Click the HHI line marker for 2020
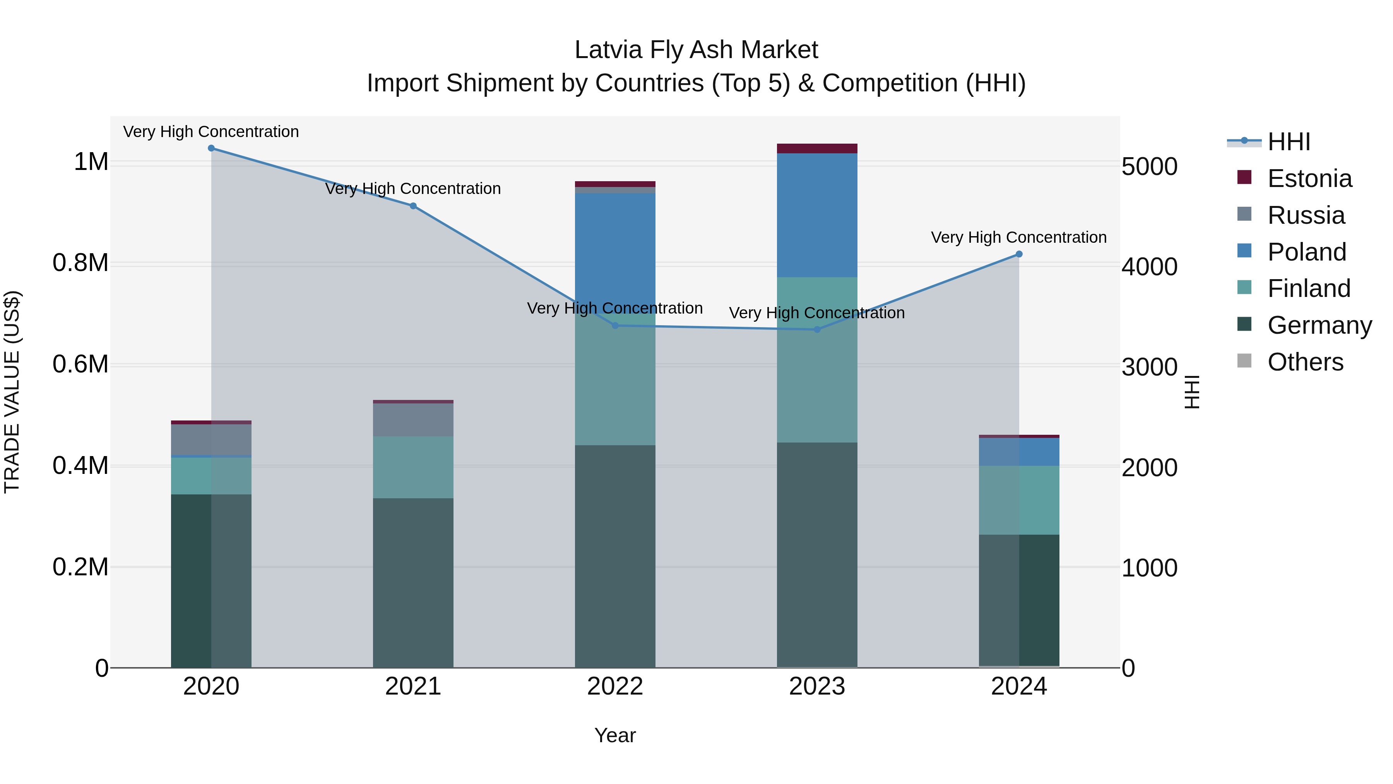click(211, 148)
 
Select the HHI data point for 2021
click(413, 206)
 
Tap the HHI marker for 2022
click(615, 326)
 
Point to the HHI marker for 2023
click(817, 329)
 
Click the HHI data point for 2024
click(1019, 254)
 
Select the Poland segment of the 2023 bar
click(817, 215)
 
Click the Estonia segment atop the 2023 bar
click(817, 149)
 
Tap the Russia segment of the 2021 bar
click(413, 420)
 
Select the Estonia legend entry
click(1309, 178)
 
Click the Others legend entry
click(1305, 362)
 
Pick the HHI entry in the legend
click(1289, 142)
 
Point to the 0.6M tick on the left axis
click(80, 364)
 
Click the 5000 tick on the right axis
click(1149, 166)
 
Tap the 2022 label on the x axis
click(615, 686)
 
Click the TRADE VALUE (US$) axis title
click(12, 392)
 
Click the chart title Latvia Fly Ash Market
click(696, 50)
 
